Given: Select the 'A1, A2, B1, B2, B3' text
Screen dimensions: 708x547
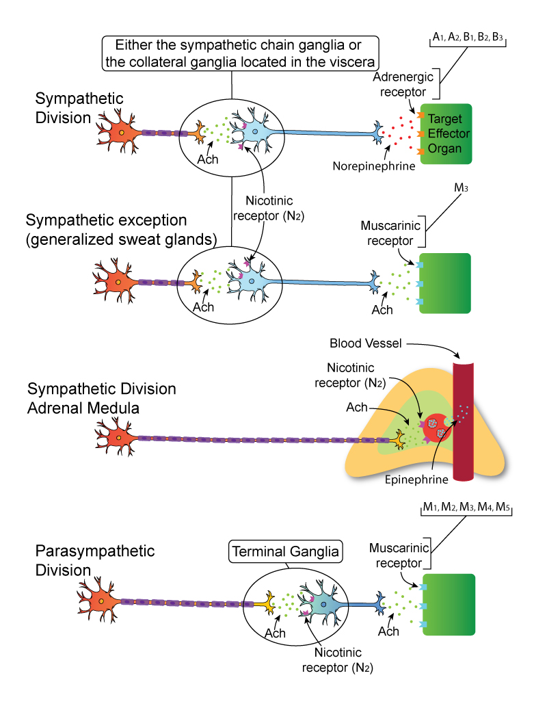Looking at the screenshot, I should point(468,39).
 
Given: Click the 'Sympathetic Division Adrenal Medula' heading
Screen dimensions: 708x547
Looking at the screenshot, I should point(102,398).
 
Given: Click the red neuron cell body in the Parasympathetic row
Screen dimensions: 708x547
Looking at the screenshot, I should point(101,601).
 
